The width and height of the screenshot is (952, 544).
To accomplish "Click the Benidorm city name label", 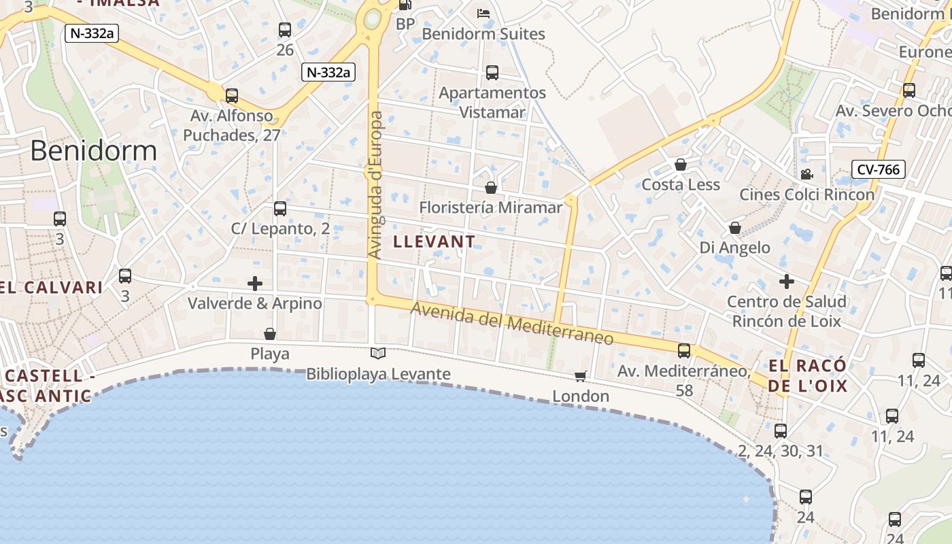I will pyautogui.click(x=94, y=150).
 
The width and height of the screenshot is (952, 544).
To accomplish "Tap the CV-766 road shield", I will pyautogui.click(x=879, y=169).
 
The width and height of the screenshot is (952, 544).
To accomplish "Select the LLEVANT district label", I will pyautogui.click(x=434, y=241).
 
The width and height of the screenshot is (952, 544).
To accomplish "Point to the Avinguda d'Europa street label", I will pyautogui.click(x=375, y=185).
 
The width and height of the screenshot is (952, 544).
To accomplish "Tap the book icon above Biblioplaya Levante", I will pyautogui.click(x=378, y=353).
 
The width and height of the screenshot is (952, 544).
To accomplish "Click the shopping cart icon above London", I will pyautogui.click(x=581, y=376).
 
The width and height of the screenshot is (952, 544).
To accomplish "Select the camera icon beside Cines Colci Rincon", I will pyautogui.click(x=806, y=174).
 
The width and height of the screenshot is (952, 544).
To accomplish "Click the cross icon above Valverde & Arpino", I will pyautogui.click(x=255, y=283).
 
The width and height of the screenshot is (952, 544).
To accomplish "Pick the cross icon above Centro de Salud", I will pyautogui.click(x=786, y=281).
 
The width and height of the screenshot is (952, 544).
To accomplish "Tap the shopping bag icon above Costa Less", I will pyautogui.click(x=680, y=165).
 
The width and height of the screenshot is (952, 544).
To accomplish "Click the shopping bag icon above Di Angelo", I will pyautogui.click(x=734, y=228).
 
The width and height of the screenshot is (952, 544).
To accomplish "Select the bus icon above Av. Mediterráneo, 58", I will pyautogui.click(x=684, y=351).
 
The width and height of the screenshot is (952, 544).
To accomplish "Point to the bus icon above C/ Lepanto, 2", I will pyautogui.click(x=280, y=209).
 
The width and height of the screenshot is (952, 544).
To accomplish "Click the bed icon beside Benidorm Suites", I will pyautogui.click(x=483, y=14).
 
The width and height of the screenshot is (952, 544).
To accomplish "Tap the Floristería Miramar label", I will pyautogui.click(x=490, y=207).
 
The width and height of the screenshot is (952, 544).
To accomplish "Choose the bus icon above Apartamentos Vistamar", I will pyautogui.click(x=492, y=72).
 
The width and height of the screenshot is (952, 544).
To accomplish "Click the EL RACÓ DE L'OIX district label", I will pyautogui.click(x=808, y=376).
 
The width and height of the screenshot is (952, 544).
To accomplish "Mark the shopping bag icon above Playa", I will pyautogui.click(x=270, y=334).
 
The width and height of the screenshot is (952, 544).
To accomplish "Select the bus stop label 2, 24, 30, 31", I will pyautogui.click(x=780, y=450).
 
